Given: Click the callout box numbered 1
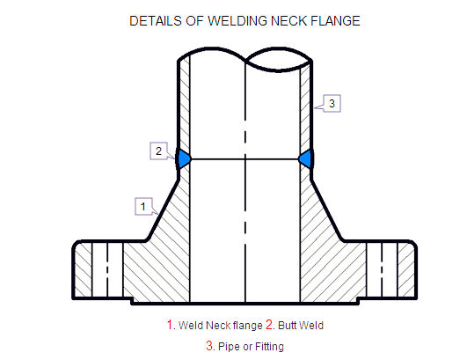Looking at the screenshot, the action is (x=143, y=206).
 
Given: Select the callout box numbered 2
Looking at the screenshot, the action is (x=158, y=151).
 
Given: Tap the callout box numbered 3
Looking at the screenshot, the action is (x=332, y=103).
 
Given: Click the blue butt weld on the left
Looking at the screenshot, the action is (x=184, y=158).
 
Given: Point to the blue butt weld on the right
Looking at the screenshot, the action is (x=306, y=158).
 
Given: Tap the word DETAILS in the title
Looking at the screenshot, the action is (x=156, y=21).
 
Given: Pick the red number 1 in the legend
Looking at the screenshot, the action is (x=170, y=325).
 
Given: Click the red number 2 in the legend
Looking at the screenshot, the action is (x=269, y=325).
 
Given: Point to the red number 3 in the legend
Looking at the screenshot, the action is (x=209, y=346).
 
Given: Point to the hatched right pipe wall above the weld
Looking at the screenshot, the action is (x=305, y=106).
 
